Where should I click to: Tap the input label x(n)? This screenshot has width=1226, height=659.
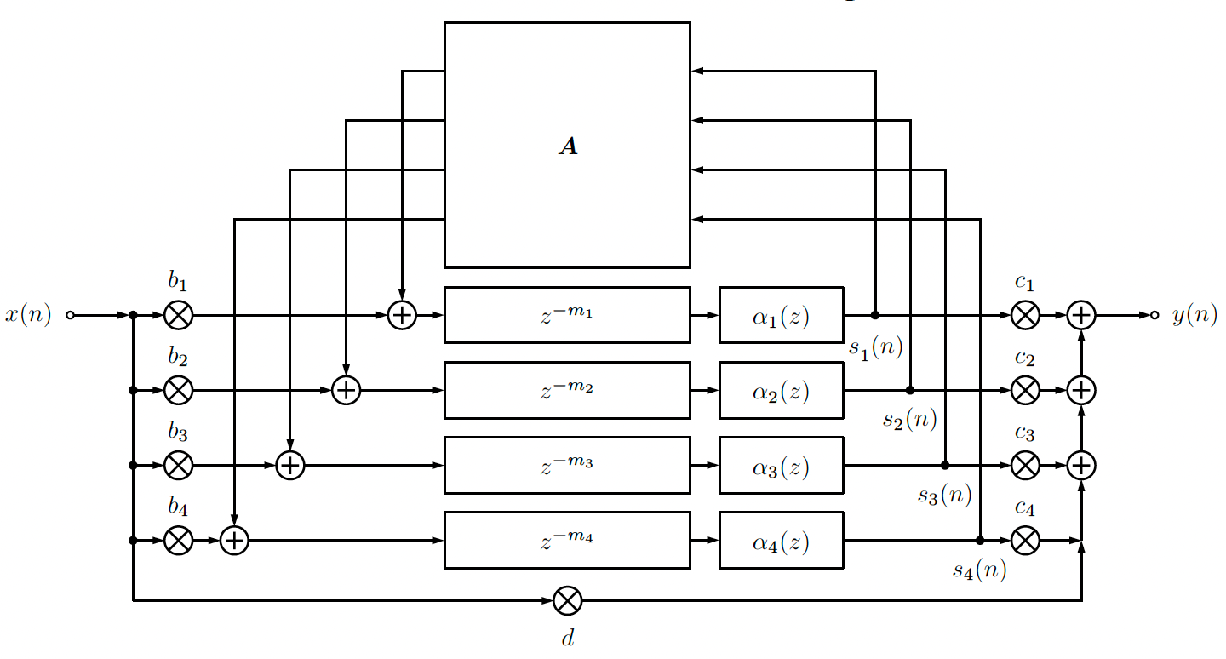[x=28, y=315]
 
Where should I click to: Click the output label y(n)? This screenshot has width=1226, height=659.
[x=1194, y=315]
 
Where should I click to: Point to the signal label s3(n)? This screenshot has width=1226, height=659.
[x=945, y=496]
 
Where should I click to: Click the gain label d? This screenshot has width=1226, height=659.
[x=568, y=638]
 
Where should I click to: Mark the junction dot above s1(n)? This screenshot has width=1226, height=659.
[x=875, y=315]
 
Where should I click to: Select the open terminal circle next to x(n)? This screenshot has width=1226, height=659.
[x=70, y=315]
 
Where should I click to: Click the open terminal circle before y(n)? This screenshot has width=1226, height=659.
[x=1154, y=315]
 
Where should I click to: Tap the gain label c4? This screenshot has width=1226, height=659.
[x=1024, y=508]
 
